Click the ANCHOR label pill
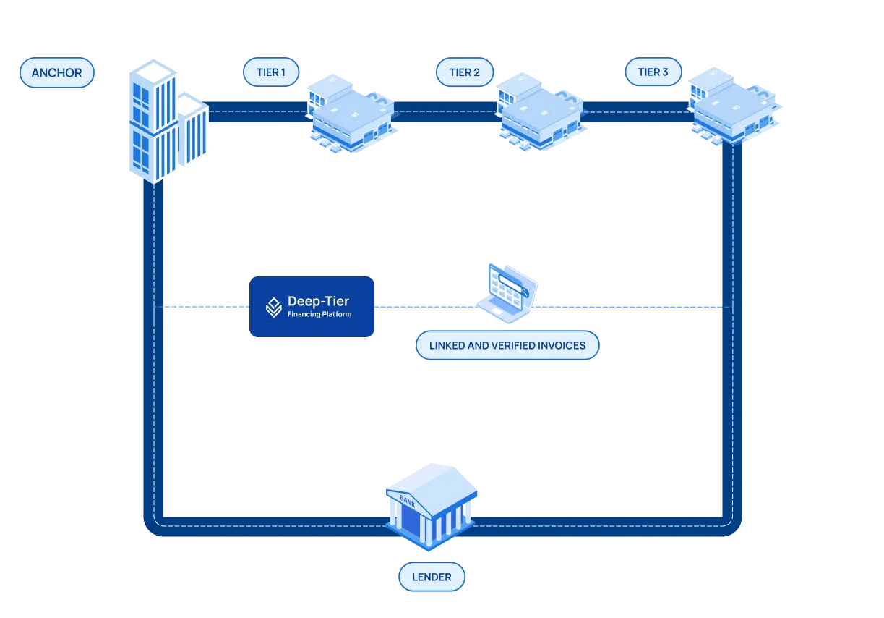point(57,72)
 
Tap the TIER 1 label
point(271,72)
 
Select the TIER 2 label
point(465,72)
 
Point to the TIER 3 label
point(653,72)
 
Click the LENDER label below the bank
point(432,577)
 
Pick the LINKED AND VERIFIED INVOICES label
point(507,345)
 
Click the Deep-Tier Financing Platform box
point(312,307)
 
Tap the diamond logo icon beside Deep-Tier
point(273,308)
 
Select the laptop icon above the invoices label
point(507,293)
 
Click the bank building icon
point(432,507)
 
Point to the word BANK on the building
point(407,501)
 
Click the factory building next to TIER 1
point(352,113)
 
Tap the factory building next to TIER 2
point(541,111)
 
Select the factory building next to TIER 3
point(735,106)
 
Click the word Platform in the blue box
point(336,314)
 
